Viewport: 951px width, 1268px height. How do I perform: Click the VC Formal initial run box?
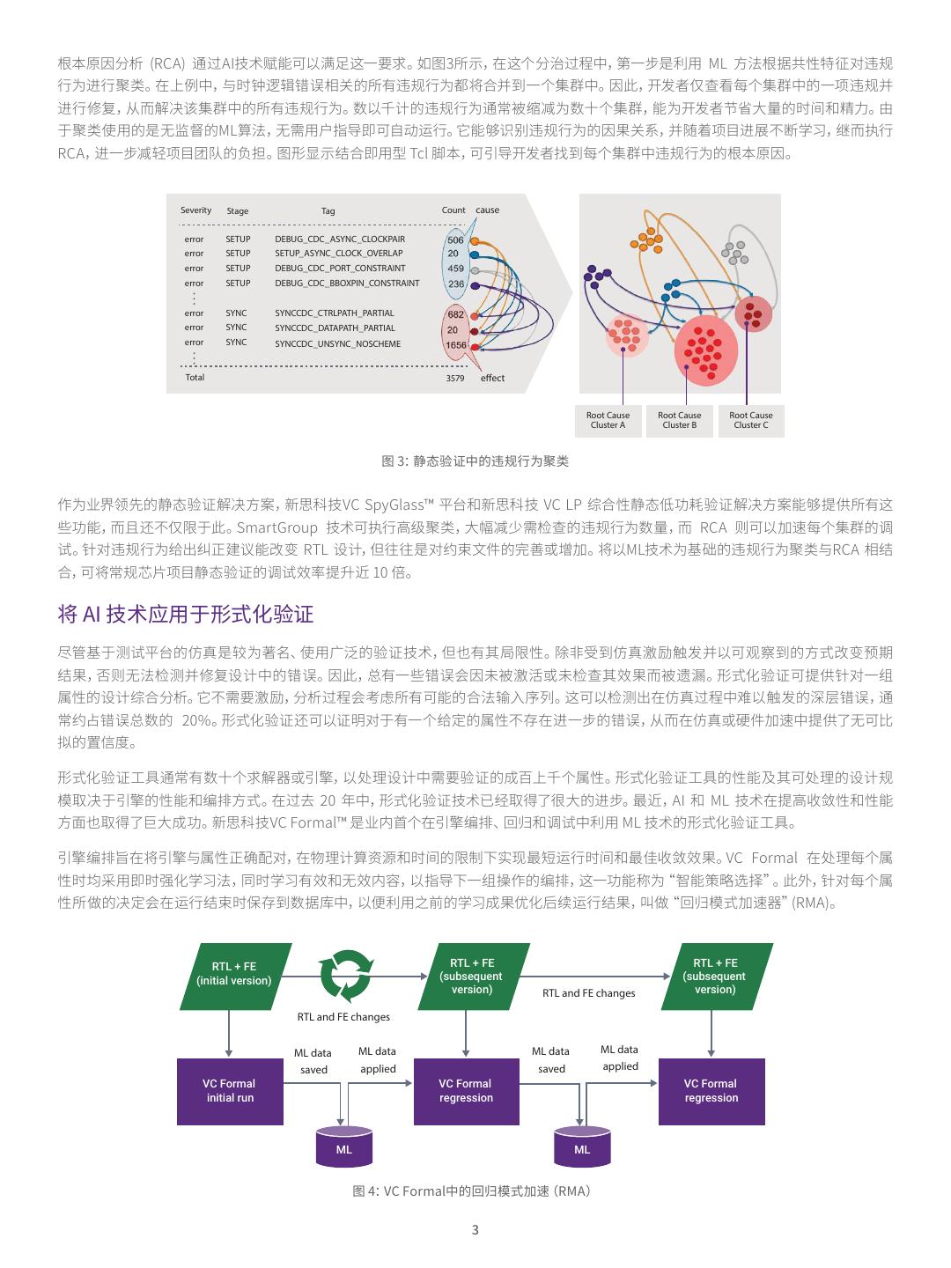tap(230, 1091)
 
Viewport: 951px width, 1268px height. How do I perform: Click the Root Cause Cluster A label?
tap(608, 420)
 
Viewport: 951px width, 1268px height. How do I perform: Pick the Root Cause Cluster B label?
tap(679, 420)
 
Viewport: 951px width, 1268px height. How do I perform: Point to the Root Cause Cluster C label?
tap(750, 420)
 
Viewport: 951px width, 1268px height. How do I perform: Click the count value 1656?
tap(456, 346)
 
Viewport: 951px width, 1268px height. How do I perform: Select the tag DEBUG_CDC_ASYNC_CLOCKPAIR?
tap(340, 240)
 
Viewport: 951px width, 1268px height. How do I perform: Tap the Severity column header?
tap(195, 210)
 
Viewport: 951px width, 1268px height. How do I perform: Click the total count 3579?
tap(454, 379)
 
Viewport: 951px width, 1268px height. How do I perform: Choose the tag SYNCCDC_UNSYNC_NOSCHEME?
tap(337, 343)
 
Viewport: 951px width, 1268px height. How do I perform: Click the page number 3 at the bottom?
tap(475, 1230)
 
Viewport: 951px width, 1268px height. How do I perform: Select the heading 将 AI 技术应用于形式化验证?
tap(185, 614)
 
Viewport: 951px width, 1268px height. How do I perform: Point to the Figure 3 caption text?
tap(475, 461)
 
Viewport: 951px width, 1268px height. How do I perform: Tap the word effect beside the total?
tap(492, 379)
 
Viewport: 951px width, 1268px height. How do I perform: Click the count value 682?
tap(455, 314)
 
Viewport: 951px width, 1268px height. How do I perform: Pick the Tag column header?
tap(328, 211)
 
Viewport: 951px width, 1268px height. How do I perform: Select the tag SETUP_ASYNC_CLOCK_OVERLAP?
tap(338, 254)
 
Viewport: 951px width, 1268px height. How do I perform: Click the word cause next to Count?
tap(487, 210)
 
